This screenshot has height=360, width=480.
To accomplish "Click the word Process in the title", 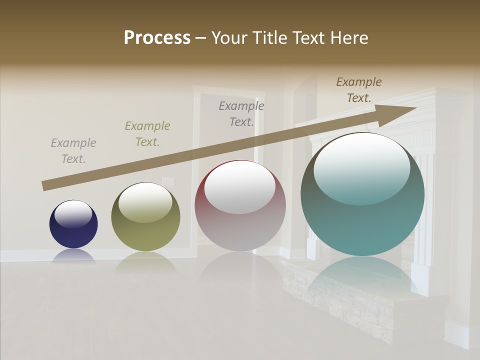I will (x=157, y=38).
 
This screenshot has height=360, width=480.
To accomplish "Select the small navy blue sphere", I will (x=73, y=224).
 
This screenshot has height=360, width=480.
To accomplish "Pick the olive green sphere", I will (x=145, y=217).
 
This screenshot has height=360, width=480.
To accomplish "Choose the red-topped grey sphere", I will (x=240, y=206).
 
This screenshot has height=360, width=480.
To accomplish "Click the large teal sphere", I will (x=362, y=195).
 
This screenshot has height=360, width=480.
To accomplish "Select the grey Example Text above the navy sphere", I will (x=73, y=151).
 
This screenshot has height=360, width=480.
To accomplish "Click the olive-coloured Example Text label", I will (x=147, y=134).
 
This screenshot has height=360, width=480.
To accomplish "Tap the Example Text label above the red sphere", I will (x=241, y=114).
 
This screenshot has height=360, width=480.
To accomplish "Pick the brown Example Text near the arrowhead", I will (x=359, y=90).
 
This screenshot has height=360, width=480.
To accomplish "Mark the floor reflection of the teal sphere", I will (x=362, y=275).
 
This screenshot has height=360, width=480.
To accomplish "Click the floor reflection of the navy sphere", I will (x=73, y=256).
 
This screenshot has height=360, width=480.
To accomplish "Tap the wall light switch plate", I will (x=167, y=181).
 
